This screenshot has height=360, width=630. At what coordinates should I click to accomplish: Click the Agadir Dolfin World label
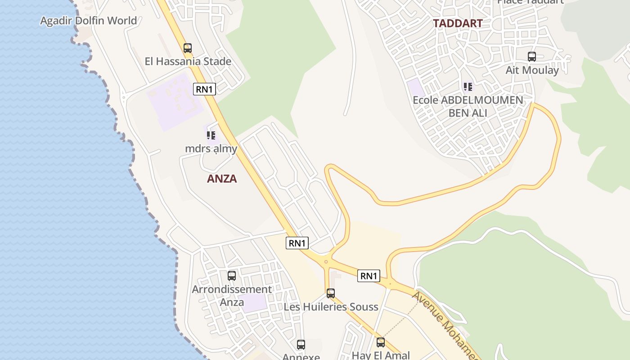[x=89, y=21]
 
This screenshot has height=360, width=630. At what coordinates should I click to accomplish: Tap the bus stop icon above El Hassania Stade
[x=188, y=48]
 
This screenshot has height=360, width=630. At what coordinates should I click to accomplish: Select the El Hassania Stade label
[x=188, y=61]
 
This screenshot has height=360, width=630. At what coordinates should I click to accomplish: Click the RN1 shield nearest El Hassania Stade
[x=204, y=89]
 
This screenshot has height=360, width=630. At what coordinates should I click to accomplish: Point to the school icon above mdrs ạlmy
[x=211, y=135]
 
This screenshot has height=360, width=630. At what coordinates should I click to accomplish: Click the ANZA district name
[x=222, y=179]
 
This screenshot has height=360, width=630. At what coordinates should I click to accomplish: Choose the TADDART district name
[x=458, y=23]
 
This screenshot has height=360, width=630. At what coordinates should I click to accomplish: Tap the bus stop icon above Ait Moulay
[x=532, y=57]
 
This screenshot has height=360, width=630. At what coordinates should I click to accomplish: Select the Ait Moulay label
[x=532, y=70]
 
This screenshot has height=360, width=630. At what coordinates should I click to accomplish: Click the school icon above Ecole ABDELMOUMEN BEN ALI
[x=468, y=86]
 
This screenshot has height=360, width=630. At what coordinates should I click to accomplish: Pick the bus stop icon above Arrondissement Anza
[x=232, y=276]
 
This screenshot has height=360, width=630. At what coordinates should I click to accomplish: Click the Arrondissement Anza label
[x=232, y=295]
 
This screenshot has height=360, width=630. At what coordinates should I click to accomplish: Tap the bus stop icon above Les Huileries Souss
[x=331, y=293]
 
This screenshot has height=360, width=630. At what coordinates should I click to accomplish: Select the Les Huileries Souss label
[x=331, y=307]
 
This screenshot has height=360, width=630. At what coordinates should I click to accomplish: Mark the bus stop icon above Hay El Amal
[x=381, y=342]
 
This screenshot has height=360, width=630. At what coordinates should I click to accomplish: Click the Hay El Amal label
[x=381, y=355]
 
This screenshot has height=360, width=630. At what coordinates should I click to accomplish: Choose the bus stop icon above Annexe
[x=301, y=345]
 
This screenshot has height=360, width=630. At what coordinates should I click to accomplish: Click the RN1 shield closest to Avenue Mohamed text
[x=369, y=276]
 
